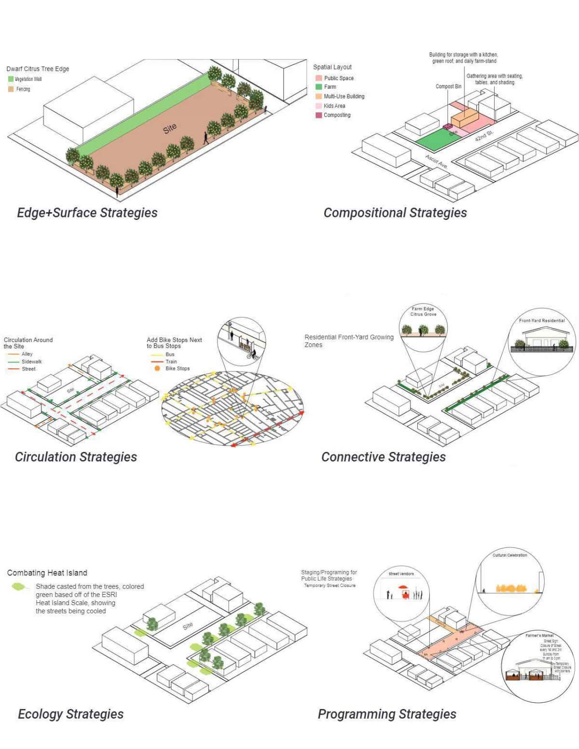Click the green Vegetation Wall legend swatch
coord(11,79)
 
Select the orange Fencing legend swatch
coord(11,89)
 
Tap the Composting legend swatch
coord(318,115)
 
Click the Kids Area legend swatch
coord(318,106)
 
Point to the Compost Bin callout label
coord(448,86)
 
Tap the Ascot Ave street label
coord(436,161)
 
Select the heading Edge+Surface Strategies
coord(87,213)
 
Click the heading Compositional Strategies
coord(395,213)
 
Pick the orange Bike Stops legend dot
coord(157,368)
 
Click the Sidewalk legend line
coord(13,362)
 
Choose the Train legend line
coord(157,362)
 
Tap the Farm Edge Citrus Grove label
coord(423,312)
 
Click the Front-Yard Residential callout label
coord(541,320)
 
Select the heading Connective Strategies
coord(383,457)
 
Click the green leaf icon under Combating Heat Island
coord(19,586)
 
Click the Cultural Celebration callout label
coord(510,555)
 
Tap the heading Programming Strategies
coord(386,714)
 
